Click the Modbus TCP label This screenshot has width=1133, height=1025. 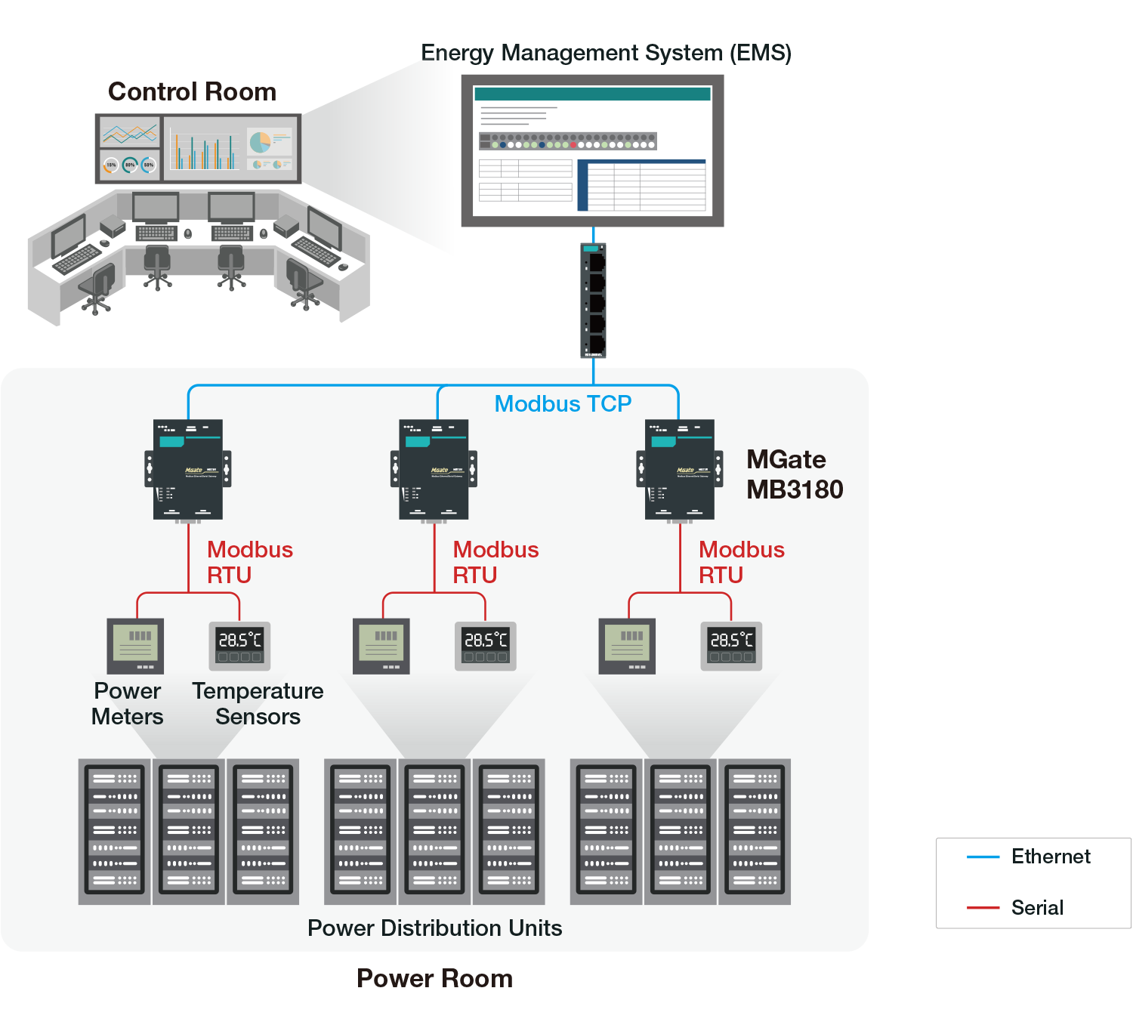[x=563, y=404]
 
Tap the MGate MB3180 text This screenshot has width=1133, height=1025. [x=795, y=474]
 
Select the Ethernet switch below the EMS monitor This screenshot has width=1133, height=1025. [x=594, y=301]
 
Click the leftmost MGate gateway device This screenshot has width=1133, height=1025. [x=188, y=470]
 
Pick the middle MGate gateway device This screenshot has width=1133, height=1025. [x=434, y=470]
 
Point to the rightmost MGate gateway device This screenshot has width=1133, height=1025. [x=680, y=470]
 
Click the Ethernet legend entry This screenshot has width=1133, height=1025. [x=1050, y=857]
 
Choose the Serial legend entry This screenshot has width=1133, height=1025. [x=1037, y=908]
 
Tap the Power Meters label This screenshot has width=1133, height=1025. [x=127, y=704]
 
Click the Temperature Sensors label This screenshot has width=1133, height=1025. [x=258, y=704]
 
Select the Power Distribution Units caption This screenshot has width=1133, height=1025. [x=434, y=928]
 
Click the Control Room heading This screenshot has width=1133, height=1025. [x=192, y=92]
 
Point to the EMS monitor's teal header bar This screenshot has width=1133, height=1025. [x=592, y=94]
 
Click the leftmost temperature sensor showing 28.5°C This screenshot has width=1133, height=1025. [x=239, y=645]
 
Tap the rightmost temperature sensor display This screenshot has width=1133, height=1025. [x=731, y=645]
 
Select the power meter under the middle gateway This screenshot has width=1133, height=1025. [x=381, y=646]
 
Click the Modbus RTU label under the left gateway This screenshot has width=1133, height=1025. [x=249, y=562]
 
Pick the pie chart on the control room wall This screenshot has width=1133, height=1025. [x=261, y=141]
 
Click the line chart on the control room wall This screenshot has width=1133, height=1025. [x=130, y=134]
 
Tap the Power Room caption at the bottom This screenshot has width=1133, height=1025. [x=434, y=978]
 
